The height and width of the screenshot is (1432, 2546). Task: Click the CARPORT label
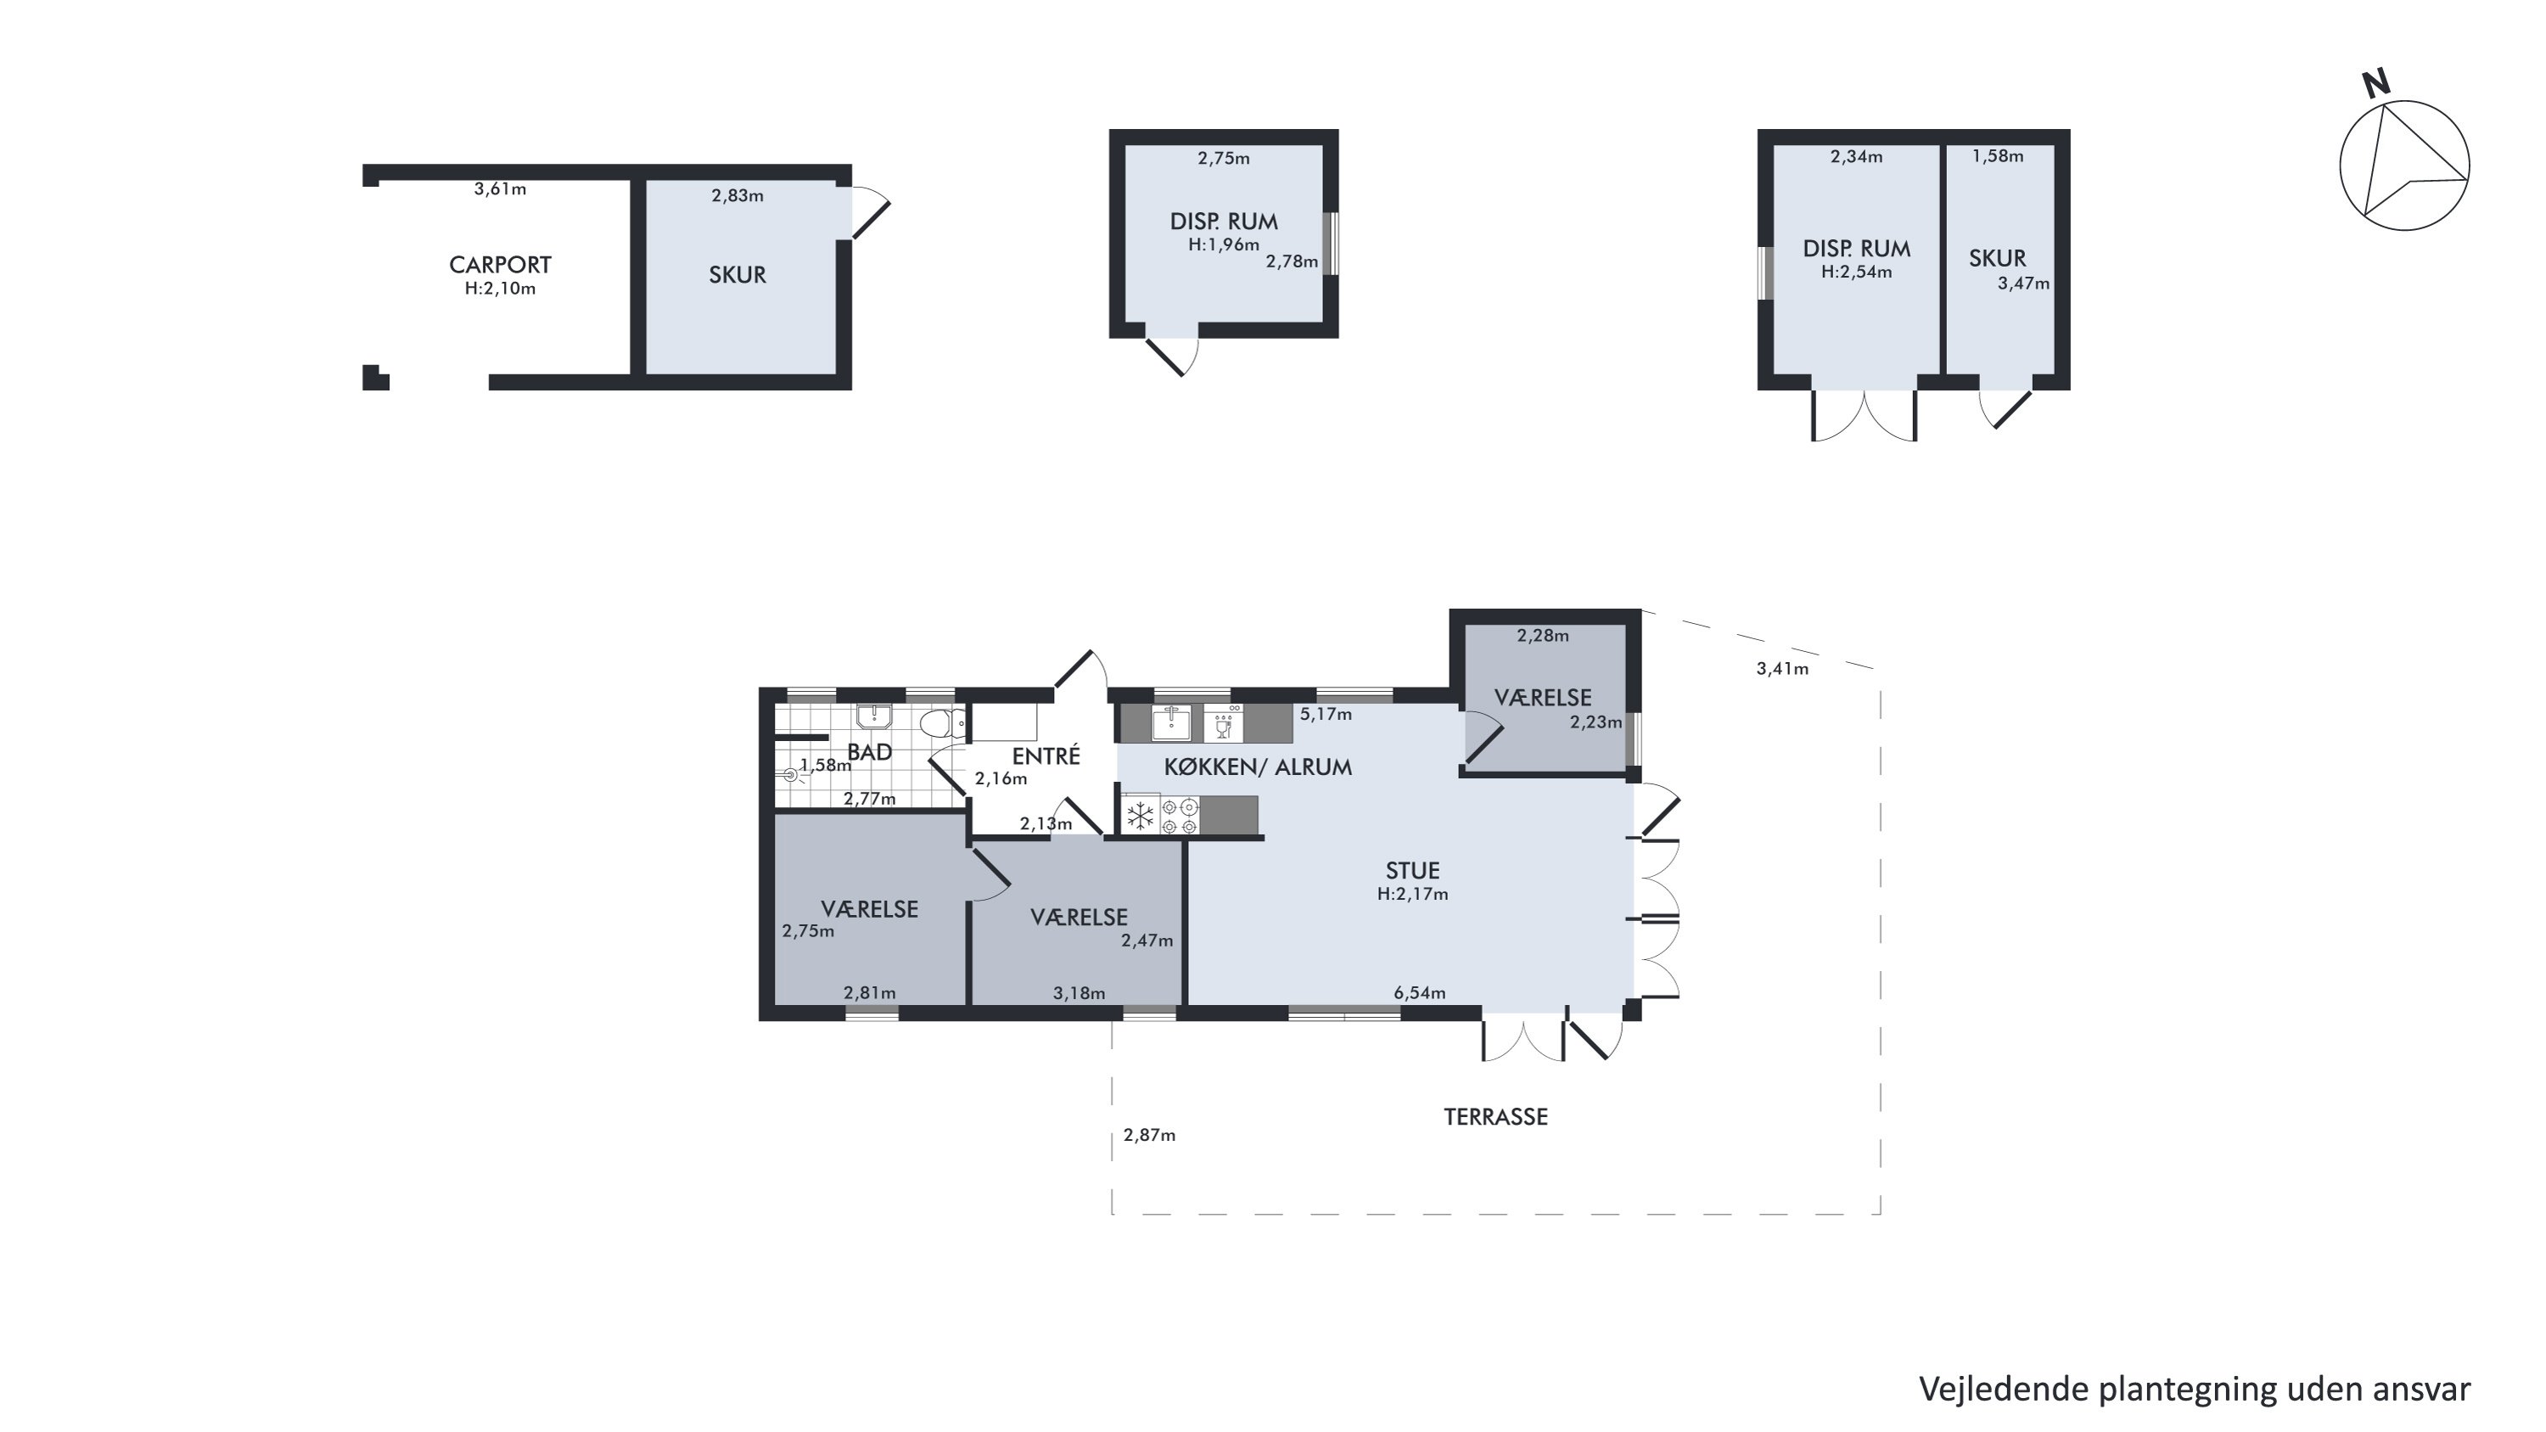tap(500, 265)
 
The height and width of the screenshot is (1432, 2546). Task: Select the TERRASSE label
tap(1495, 1117)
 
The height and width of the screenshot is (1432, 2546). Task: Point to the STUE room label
tap(1412, 871)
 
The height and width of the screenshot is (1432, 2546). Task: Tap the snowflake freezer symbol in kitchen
tap(1141, 817)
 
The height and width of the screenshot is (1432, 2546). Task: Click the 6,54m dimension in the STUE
tap(1419, 992)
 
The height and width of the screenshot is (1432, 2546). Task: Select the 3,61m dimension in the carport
tap(500, 188)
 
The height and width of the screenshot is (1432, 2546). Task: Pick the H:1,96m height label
tap(1224, 244)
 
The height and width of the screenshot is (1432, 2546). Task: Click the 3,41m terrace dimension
tap(1782, 668)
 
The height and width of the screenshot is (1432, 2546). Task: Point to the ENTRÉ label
tap(1046, 756)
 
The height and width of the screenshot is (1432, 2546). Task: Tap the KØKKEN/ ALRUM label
tap(1257, 767)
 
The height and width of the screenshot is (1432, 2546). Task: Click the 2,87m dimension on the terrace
tap(1149, 1136)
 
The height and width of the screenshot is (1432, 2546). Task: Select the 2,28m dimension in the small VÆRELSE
tap(1543, 636)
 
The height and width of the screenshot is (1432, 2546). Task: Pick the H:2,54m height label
tap(1856, 272)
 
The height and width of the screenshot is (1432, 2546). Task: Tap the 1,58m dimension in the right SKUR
tap(1998, 156)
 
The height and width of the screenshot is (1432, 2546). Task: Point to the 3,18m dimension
tap(1079, 993)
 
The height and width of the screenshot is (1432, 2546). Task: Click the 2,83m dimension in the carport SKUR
tap(737, 196)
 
